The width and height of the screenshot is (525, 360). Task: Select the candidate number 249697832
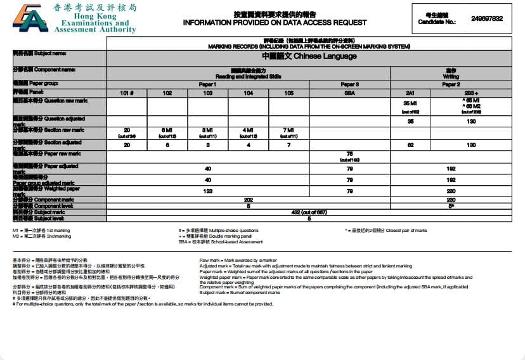pyautogui.click(x=487, y=19)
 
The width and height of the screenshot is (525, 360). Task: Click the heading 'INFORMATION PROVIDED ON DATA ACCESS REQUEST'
pyautogui.click(x=275, y=22)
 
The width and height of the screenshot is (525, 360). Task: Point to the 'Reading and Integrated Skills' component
pyautogui.click(x=248, y=75)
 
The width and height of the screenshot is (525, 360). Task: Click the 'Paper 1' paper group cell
pyautogui.click(x=207, y=84)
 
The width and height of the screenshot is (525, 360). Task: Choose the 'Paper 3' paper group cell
pyautogui.click(x=349, y=84)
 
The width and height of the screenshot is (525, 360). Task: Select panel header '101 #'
pyautogui.click(x=126, y=93)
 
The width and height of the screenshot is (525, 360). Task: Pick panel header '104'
pyautogui.click(x=248, y=93)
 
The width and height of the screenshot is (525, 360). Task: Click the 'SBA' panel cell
pyautogui.click(x=349, y=93)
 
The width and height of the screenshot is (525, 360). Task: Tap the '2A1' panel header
pyautogui.click(x=410, y=93)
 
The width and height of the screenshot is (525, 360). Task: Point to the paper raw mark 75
pyautogui.click(x=349, y=154)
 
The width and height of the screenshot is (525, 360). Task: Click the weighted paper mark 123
pyautogui.click(x=207, y=190)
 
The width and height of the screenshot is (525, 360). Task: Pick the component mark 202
pyautogui.click(x=248, y=200)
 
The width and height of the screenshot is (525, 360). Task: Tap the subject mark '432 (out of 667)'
pyautogui.click(x=309, y=212)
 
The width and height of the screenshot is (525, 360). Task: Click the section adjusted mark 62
pyautogui.click(x=410, y=145)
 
